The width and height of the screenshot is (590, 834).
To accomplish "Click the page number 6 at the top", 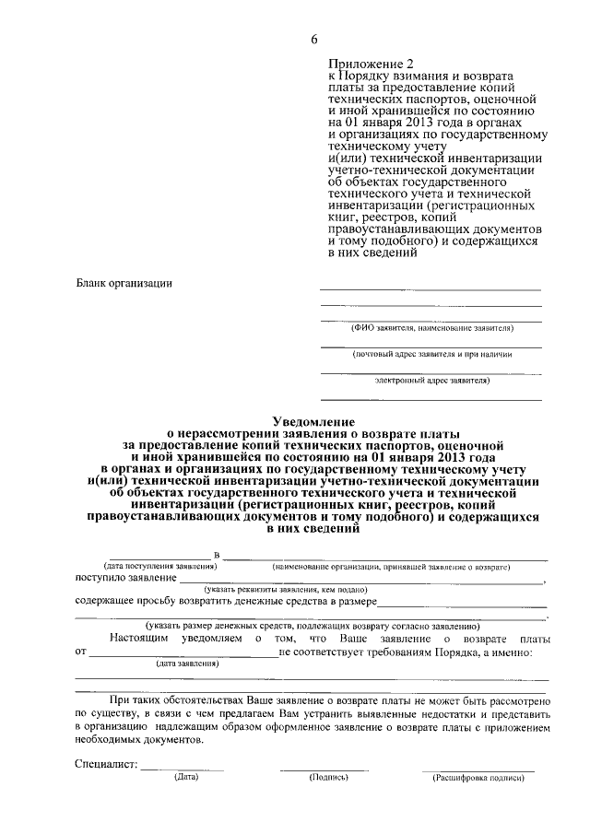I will coord(313,38).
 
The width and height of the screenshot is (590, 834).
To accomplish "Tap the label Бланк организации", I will coord(124,283).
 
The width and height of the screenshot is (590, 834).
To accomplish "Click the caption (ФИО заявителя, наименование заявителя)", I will coord(431,328).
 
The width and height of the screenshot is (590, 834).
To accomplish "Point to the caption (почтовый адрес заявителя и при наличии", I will coord(431,353).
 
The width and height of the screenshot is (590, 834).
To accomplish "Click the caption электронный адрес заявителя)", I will coord(431,379).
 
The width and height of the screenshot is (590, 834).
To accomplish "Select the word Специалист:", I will coord(106,765).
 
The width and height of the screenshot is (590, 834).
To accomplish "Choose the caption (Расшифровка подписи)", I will coord(478,778).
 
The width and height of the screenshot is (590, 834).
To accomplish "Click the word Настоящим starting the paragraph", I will coord(139,638).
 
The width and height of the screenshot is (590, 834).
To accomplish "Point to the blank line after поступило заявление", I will coord(360,581).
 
